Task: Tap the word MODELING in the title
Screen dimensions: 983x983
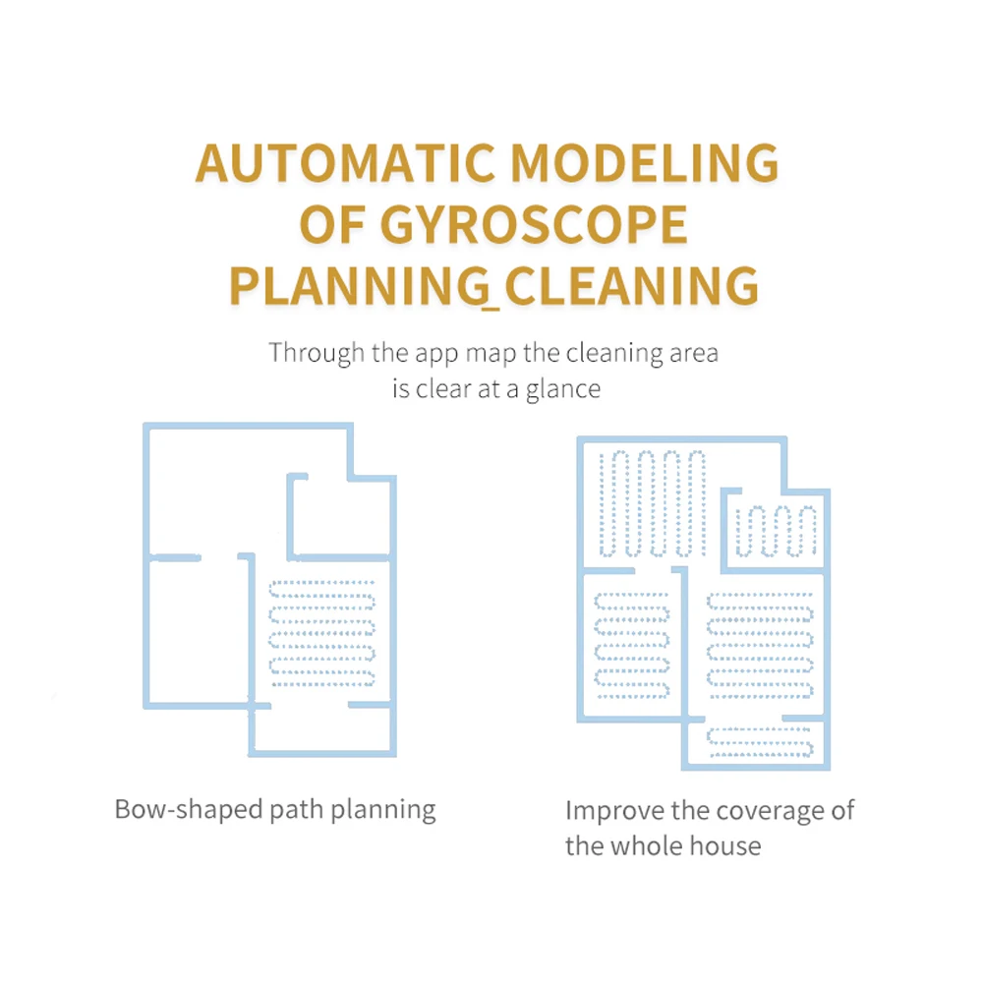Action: tap(645, 163)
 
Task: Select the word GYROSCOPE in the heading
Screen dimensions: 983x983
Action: tap(534, 224)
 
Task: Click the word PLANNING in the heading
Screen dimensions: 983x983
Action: tap(359, 286)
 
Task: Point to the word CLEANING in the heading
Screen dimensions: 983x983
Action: tap(631, 286)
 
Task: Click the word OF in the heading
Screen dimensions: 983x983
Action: tap(331, 224)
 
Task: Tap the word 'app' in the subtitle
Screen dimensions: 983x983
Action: tap(437, 354)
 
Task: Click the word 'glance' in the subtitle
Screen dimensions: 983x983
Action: tap(562, 390)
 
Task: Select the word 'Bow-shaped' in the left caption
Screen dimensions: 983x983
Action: tap(188, 810)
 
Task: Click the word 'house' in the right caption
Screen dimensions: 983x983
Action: tap(725, 846)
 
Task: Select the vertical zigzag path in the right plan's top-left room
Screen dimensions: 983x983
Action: tap(653, 503)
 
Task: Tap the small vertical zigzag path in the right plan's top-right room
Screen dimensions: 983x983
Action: tap(777, 531)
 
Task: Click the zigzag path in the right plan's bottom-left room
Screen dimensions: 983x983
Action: tap(632, 646)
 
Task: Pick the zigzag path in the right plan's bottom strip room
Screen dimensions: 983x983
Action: tap(760, 742)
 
